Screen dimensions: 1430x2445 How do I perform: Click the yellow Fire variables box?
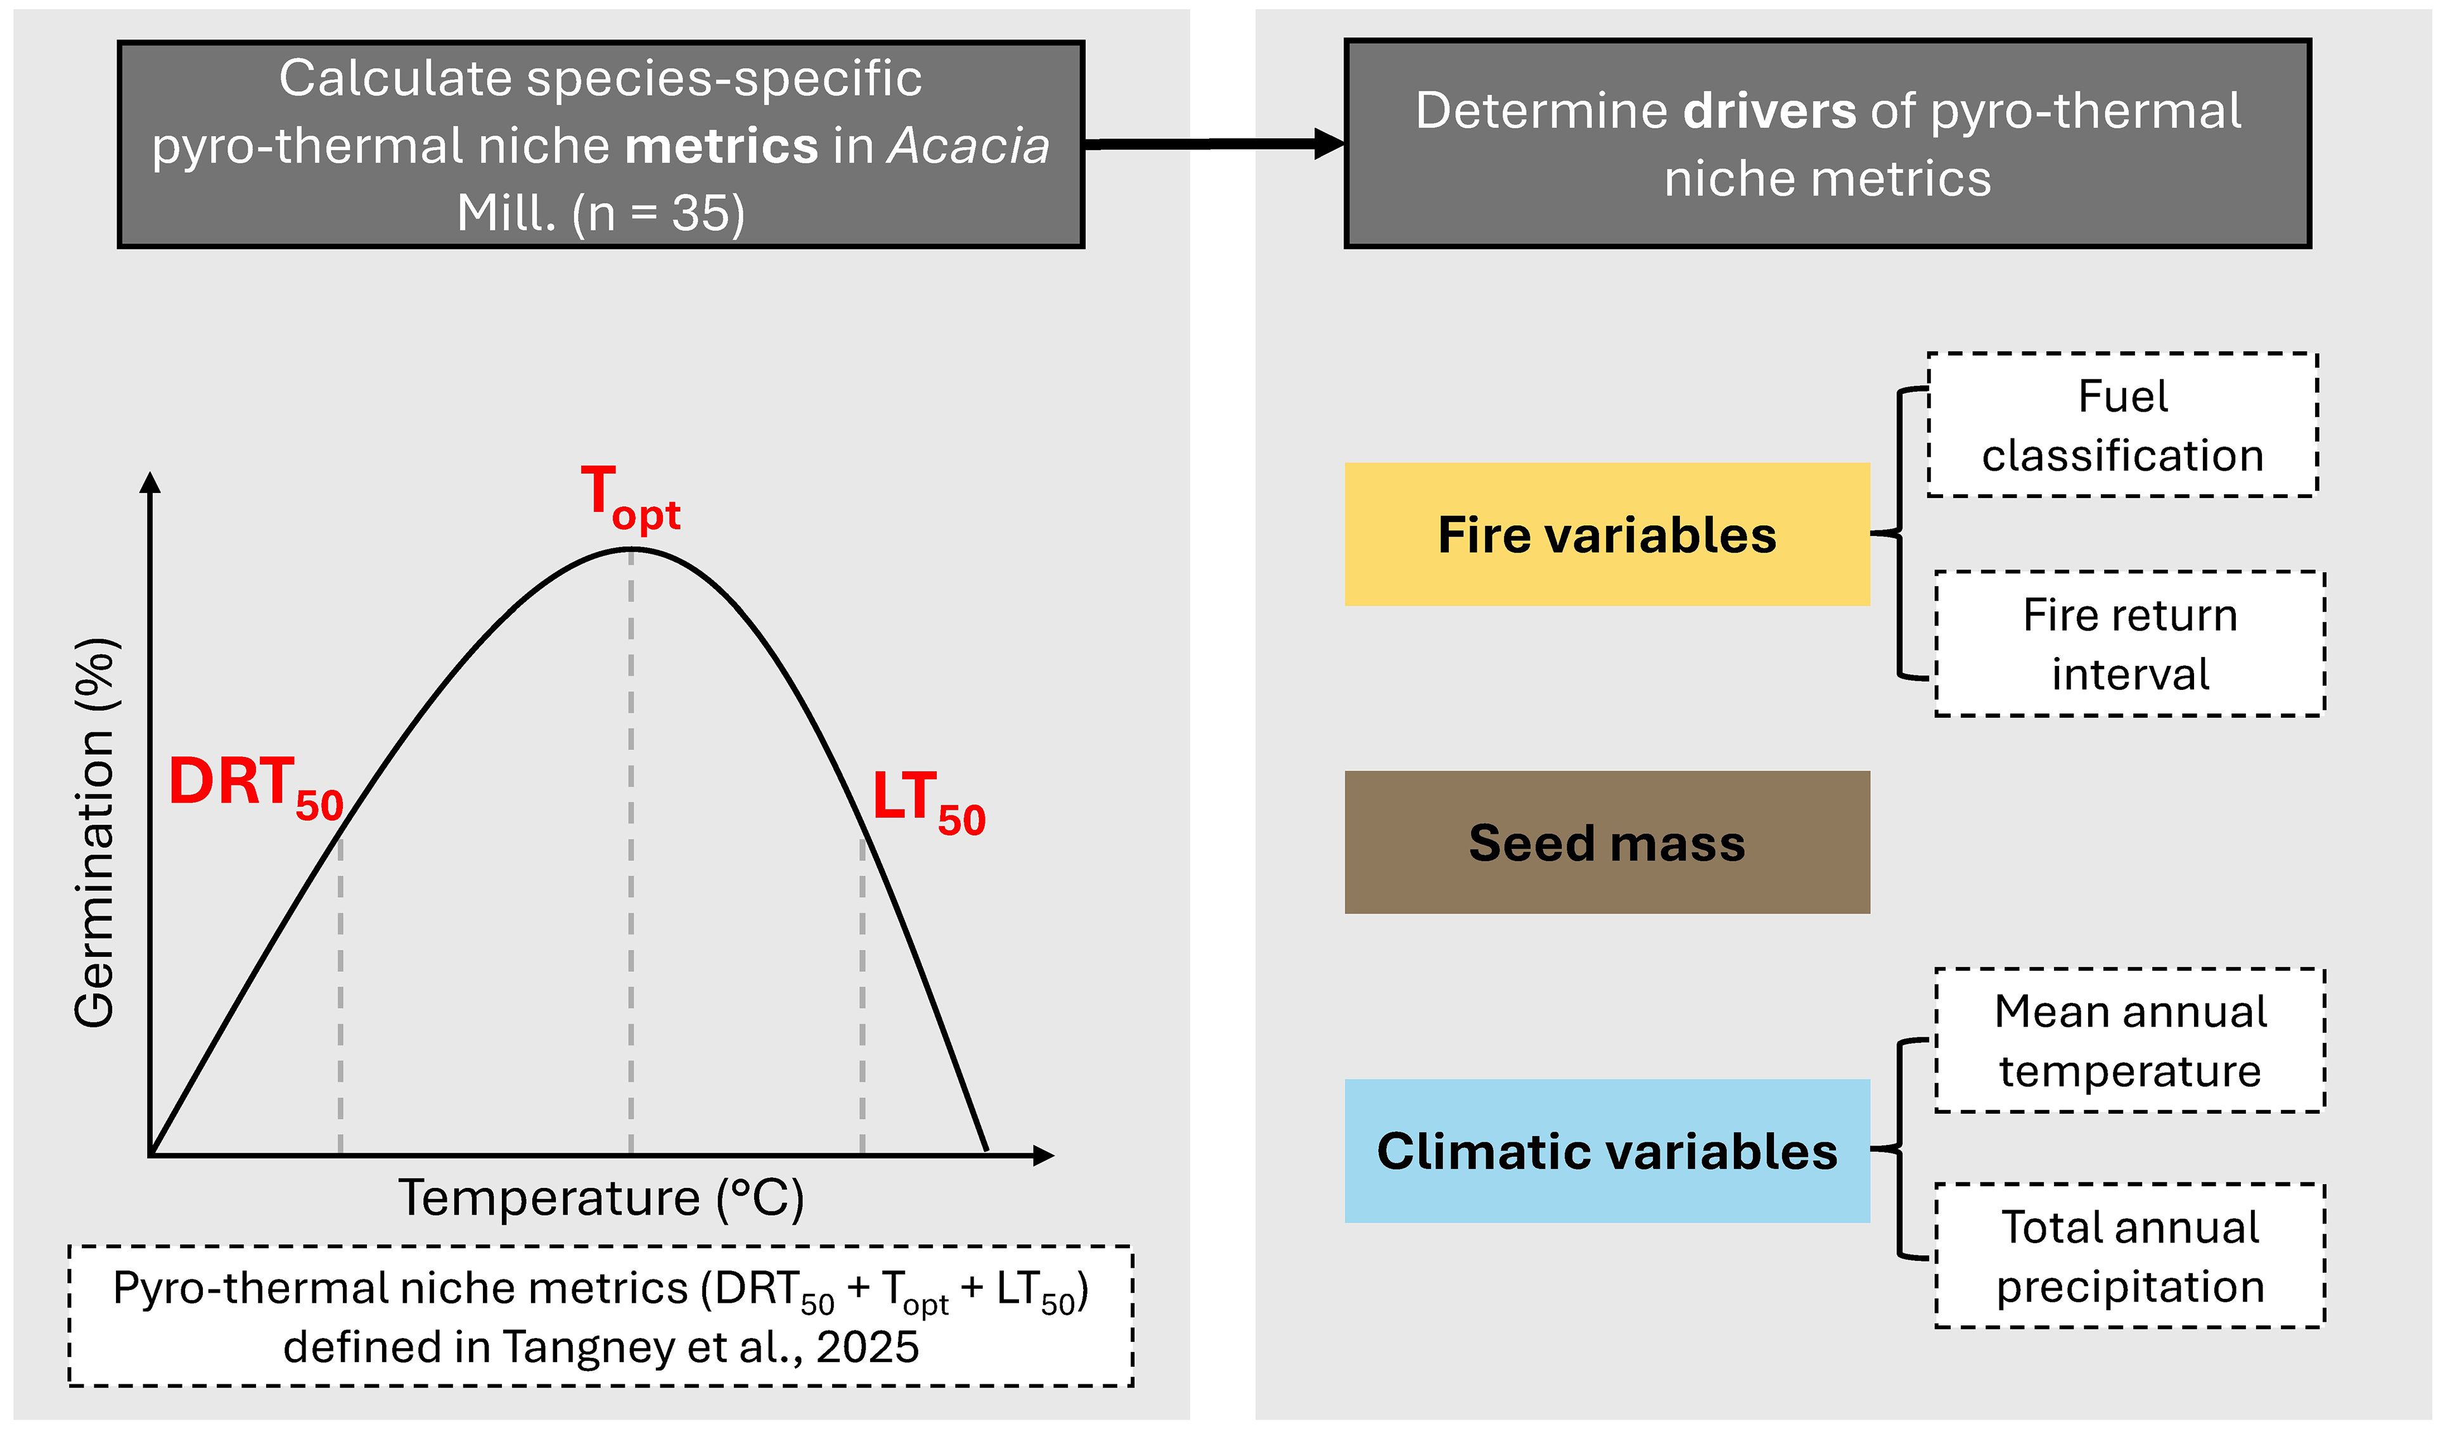(1607, 535)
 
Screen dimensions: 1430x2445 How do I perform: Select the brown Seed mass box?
(1607, 842)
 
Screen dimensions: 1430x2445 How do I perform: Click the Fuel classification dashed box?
(2122, 425)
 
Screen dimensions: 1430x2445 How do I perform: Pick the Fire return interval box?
(2129, 644)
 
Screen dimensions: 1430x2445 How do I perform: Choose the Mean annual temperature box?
(2129, 1041)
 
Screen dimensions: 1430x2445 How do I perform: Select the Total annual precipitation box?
(2129, 1256)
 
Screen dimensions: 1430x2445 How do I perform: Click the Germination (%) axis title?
(95, 833)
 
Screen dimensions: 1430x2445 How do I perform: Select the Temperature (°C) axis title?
(601, 1198)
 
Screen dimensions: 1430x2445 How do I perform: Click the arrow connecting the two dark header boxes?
(1213, 144)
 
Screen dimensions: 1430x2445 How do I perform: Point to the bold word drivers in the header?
(1769, 111)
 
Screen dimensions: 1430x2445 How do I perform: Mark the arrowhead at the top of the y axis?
(150, 482)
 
